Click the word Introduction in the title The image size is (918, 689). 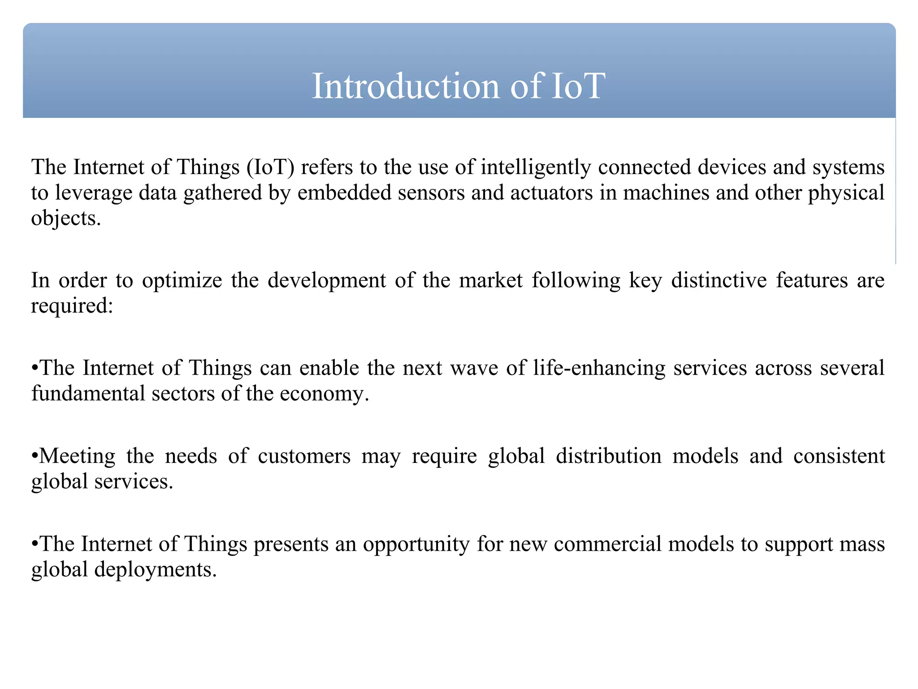[x=405, y=86]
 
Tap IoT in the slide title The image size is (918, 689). [x=578, y=86]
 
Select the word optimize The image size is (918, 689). [x=182, y=281]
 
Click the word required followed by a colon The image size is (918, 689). [x=69, y=306]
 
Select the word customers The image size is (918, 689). [x=304, y=456]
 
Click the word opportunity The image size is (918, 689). [x=416, y=545]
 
